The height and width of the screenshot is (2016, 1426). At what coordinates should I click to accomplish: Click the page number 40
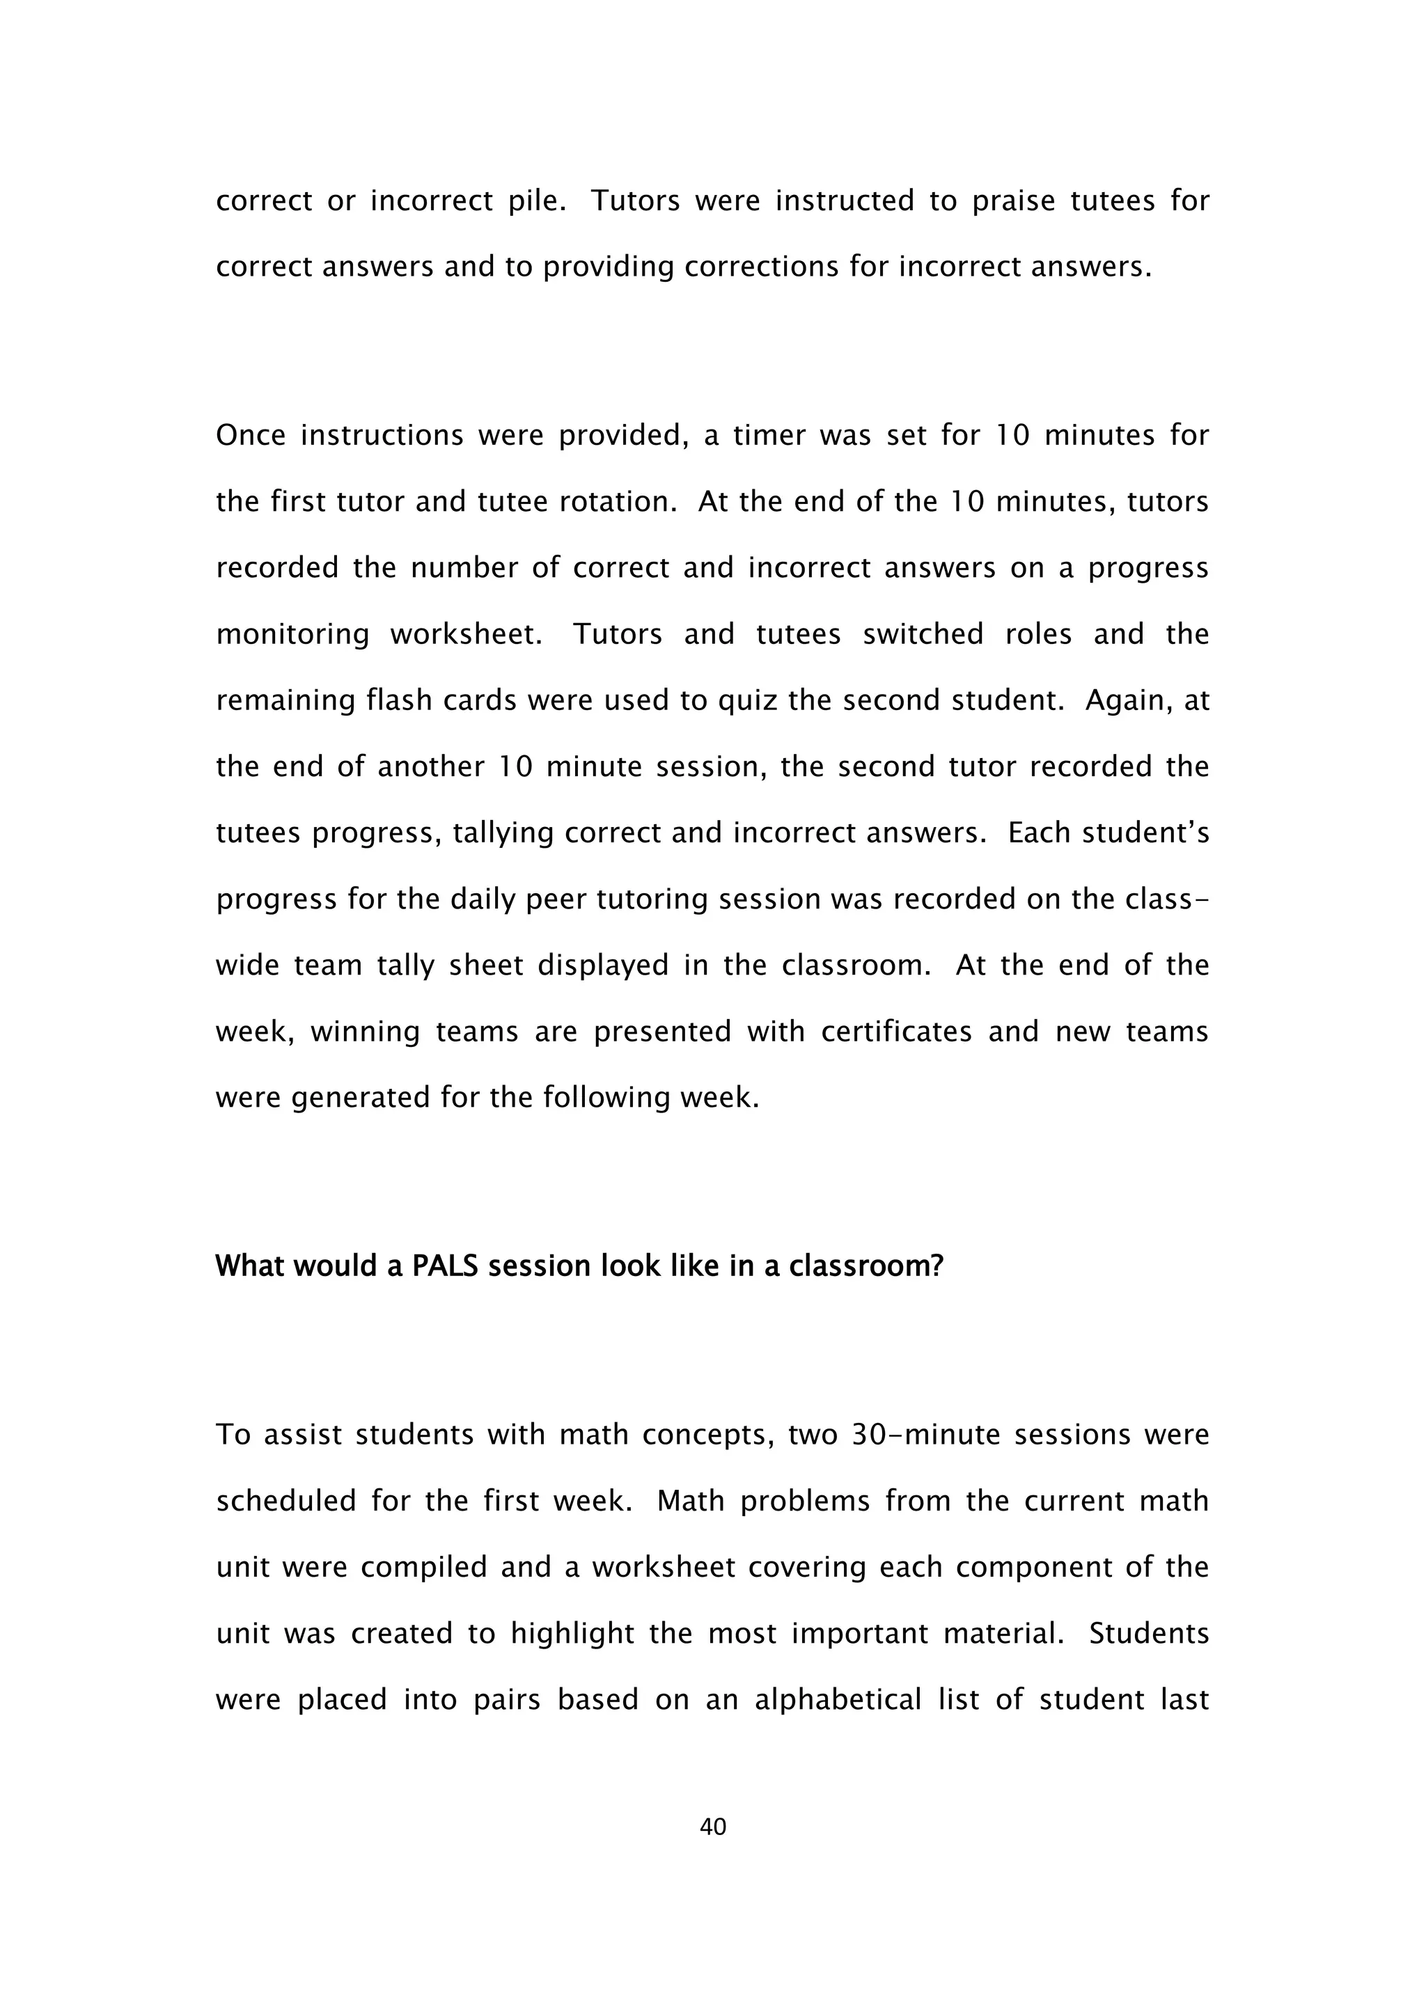[x=712, y=1827]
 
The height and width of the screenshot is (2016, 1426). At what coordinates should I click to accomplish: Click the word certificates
[x=895, y=1032]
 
